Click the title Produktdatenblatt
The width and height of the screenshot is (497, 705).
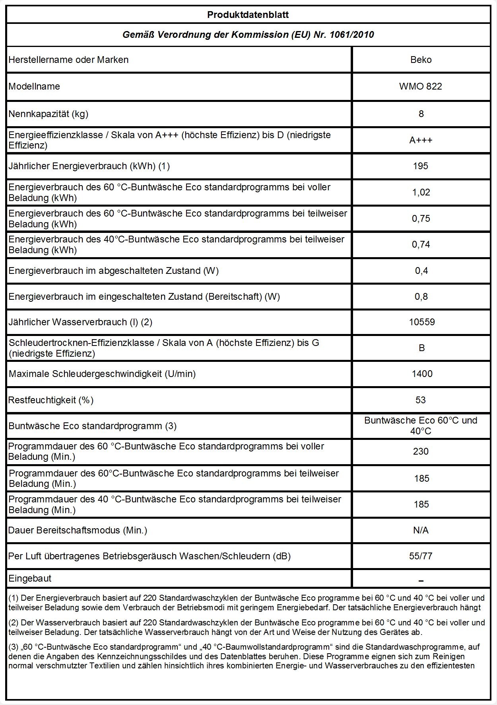click(x=248, y=15)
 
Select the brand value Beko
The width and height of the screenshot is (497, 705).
click(x=421, y=60)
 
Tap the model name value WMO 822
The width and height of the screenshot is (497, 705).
click(x=421, y=86)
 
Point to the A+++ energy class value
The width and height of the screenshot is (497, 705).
click(x=421, y=140)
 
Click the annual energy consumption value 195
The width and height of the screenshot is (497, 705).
click(x=421, y=166)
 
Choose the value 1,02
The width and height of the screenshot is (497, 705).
click(x=421, y=192)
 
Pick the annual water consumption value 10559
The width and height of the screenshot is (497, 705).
click(x=421, y=322)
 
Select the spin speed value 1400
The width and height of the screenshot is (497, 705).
click(x=421, y=374)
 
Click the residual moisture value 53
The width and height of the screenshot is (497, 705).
click(x=421, y=400)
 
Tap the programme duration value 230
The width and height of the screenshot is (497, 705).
click(x=421, y=451)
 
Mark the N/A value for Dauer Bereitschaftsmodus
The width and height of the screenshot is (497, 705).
click(x=421, y=530)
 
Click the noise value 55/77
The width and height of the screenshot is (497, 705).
click(x=421, y=556)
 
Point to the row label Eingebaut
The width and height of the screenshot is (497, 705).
click(x=30, y=578)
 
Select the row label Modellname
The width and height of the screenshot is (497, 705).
click(x=34, y=86)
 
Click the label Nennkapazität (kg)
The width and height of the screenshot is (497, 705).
click(x=49, y=114)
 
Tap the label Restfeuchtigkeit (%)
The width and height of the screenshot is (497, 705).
click(x=51, y=400)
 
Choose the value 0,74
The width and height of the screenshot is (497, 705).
click(x=421, y=244)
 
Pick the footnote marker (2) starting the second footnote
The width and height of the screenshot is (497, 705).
click(x=14, y=623)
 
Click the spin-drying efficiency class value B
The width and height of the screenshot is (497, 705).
click(x=421, y=348)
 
